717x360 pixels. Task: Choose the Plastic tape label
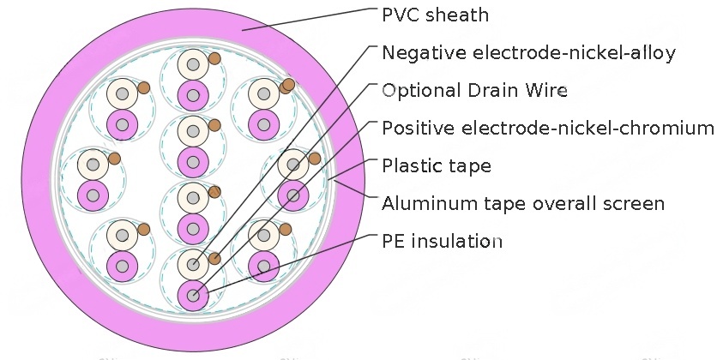tap(436, 166)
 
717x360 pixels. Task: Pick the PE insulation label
tap(442, 242)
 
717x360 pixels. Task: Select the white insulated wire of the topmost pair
tap(193, 64)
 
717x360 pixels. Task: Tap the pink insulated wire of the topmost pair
tap(193, 94)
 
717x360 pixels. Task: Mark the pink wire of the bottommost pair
tap(193, 296)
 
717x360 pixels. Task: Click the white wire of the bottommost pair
tap(193, 265)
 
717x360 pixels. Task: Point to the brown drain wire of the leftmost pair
tap(114, 158)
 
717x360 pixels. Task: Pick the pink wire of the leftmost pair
tap(93, 195)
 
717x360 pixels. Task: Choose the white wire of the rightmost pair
tap(293, 164)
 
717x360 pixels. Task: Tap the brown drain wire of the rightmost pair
tap(314, 159)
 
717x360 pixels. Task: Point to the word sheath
tap(464, 15)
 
